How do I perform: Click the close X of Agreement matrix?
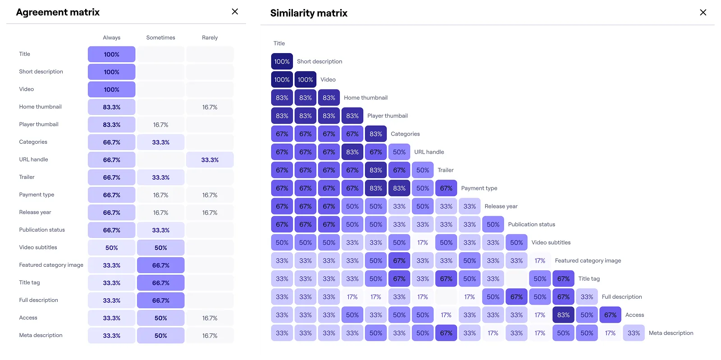235,12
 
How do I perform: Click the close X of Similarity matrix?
703,13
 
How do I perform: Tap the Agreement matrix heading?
58,12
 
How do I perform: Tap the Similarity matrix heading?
309,13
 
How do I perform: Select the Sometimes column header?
160,38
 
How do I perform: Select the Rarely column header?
210,38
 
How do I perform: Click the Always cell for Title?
111,55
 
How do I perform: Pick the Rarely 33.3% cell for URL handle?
210,160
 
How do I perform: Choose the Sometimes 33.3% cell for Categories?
160,142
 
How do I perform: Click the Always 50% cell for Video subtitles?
111,248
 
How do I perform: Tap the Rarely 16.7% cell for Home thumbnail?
210,107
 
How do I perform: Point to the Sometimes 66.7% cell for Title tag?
160,283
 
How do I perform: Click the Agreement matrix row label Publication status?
42,230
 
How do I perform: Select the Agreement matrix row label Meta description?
41,335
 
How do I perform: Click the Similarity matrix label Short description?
319,62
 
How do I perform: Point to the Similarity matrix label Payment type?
479,188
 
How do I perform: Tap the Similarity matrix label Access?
634,315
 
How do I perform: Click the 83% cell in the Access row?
563,315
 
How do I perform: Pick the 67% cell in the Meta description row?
446,333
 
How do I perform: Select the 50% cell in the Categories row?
399,152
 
